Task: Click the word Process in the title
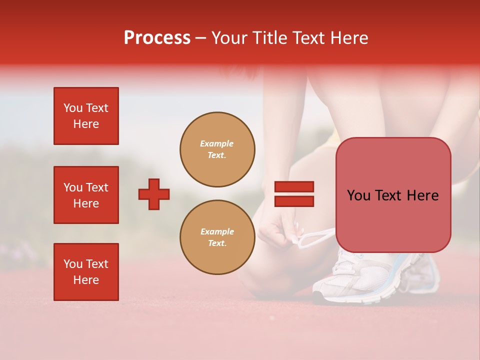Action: (x=157, y=38)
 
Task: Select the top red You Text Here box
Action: (x=86, y=116)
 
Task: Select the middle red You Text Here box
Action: (x=86, y=195)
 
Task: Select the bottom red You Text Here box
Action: (x=86, y=272)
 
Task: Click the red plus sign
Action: (x=154, y=194)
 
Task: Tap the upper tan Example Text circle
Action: (x=217, y=149)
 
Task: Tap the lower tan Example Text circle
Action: (x=217, y=237)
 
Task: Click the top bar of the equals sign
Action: (x=294, y=187)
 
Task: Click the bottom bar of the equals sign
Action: (x=294, y=201)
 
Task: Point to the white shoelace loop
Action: (x=315, y=238)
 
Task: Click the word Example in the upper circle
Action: (x=216, y=143)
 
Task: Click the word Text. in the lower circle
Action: (x=217, y=243)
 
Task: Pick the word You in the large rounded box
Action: (x=358, y=195)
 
